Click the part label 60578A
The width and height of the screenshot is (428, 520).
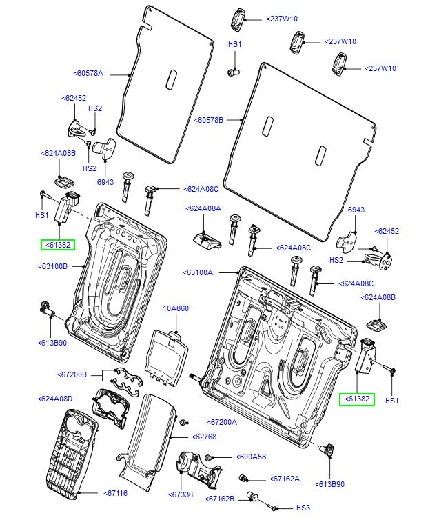(88, 72)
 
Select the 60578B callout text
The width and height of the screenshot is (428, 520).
(209, 119)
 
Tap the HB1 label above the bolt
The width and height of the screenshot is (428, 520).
(235, 44)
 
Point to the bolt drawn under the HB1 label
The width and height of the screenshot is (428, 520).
(234, 70)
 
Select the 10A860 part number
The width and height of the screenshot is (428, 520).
(175, 308)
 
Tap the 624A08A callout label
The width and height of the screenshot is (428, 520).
(203, 208)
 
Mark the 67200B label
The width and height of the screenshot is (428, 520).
(72, 374)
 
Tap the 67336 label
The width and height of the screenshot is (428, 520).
(180, 494)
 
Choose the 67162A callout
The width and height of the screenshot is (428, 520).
(285, 478)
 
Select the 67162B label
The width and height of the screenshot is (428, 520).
(222, 498)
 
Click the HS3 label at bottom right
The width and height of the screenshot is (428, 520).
(303, 508)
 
